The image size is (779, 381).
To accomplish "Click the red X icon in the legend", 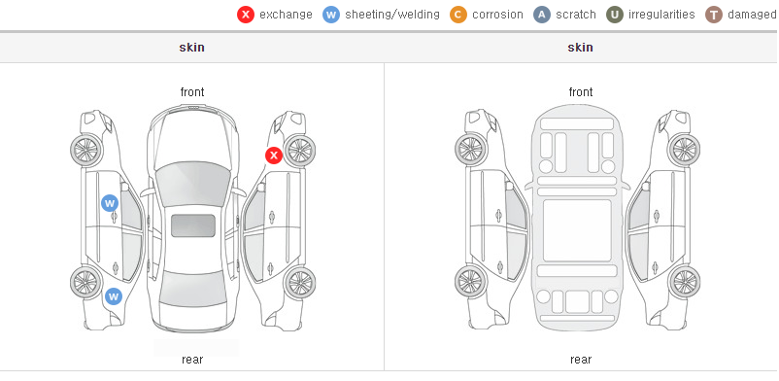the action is point(246,15).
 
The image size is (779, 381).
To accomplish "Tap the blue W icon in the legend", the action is point(331,15).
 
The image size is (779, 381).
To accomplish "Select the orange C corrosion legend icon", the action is point(458,15).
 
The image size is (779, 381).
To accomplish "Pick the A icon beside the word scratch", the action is point(542,15).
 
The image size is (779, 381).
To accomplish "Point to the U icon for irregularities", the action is point(615,15).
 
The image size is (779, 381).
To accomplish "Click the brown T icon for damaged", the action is point(713,15).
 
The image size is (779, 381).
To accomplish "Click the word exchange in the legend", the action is point(286,15).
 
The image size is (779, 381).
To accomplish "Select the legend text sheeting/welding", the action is point(392,15).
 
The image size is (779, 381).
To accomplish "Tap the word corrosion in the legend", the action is point(498,15).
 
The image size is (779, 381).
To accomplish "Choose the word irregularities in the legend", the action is point(661,15).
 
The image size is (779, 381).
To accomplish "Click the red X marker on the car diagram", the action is point(274,156).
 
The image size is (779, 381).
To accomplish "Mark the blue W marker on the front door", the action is point(110,203).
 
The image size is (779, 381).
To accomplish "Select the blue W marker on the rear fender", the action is point(114,296).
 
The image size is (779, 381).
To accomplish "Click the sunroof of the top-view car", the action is point(193,225).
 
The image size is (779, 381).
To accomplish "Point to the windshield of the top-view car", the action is point(192,185).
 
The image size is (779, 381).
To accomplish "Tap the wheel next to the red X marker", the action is point(299,151).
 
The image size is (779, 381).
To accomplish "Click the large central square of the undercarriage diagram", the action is point(577,230).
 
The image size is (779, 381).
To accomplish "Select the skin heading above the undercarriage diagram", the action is point(580,48).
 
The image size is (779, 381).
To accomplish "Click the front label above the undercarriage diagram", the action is point(581,92).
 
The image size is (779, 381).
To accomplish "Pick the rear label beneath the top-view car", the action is point(192,360).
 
